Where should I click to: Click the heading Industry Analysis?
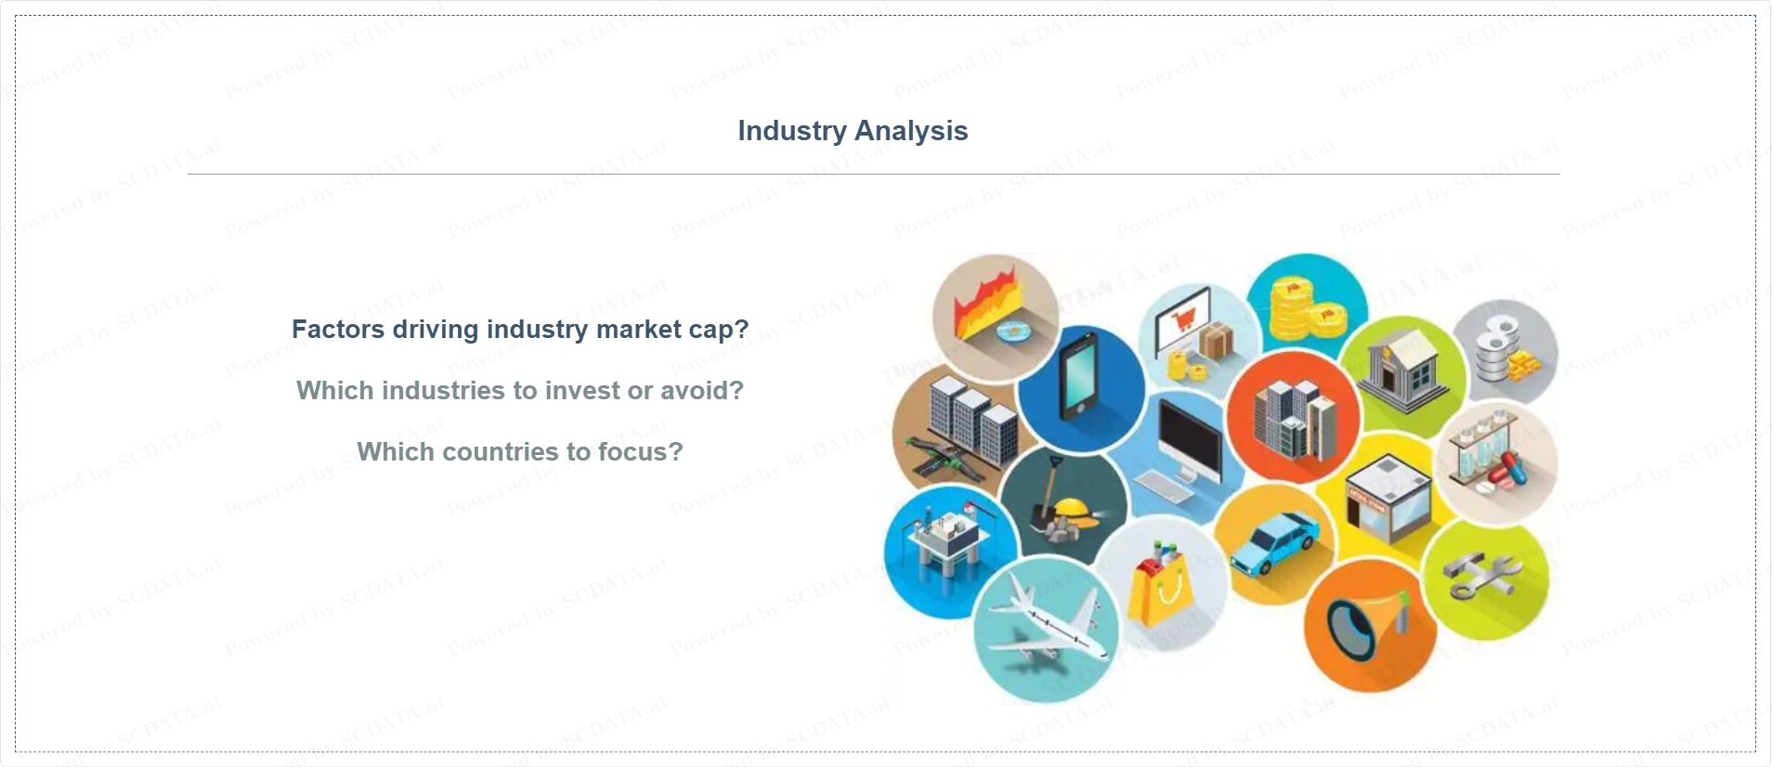[853, 131]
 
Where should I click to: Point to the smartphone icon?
[1079, 380]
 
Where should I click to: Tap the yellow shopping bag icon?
[1159, 585]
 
